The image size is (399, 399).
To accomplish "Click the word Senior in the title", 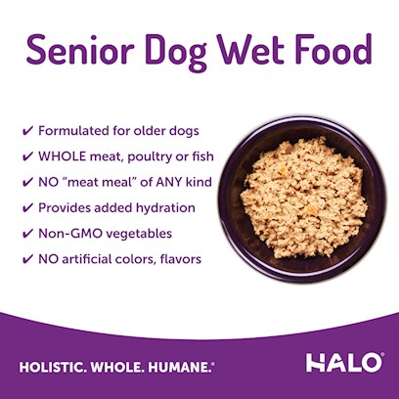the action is (80, 49).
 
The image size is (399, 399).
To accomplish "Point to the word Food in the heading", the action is (333, 49).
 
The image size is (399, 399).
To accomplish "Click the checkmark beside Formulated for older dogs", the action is (27, 131).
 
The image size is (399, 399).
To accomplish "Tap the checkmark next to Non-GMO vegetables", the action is (27, 234).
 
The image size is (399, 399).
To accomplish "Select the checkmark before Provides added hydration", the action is (27, 208).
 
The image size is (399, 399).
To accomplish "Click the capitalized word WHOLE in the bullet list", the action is (63, 156).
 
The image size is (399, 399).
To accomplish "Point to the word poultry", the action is (150, 157).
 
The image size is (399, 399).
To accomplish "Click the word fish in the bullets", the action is (202, 156).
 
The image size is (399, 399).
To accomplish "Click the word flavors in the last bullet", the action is (181, 259).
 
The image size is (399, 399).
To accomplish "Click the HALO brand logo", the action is (344, 362).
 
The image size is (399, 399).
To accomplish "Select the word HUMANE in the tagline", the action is (180, 368).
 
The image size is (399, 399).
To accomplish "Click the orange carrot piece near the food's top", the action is (284, 170).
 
